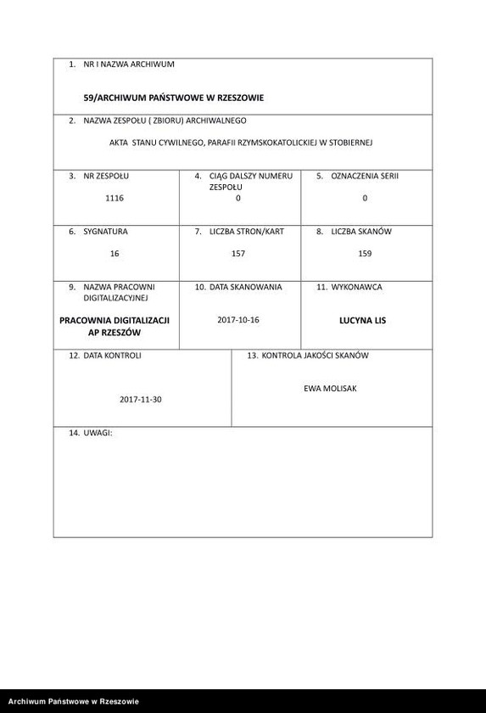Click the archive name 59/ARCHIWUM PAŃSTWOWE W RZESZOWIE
pyautogui.click(x=173, y=98)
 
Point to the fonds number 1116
pyautogui.click(x=115, y=198)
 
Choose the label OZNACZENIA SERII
pyautogui.click(x=370, y=176)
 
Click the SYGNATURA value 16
pyautogui.click(x=115, y=253)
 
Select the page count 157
pyautogui.click(x=238, y=253)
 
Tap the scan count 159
pyautogui.click(x=365, y=253)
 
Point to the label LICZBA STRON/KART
pyautogui.click(x=246, y=231)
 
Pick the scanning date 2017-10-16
pyautogui.click(x=237, y=319)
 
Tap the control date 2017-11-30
pyautogui.click(x=140, y=398)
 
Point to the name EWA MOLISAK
pyautogui.click(x=330, y=387)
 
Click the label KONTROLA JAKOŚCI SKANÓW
pyautogui.click(x=315, y=355)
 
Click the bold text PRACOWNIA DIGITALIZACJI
pyautogui.click(x=115, y=320)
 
